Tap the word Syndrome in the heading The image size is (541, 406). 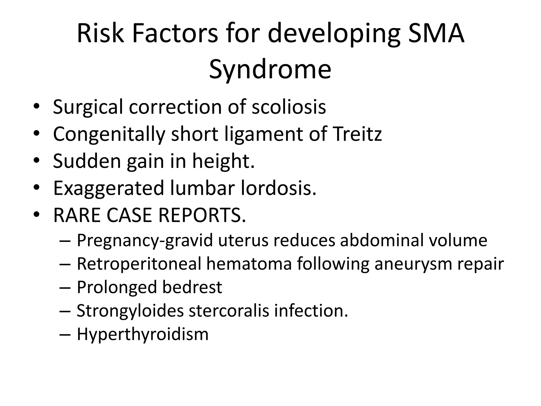click(x=270, y=69)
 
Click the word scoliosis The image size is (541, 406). click(x=289, y=107)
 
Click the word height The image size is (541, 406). click(x=223, y=161)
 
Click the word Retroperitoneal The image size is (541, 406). click(x=139, y=264)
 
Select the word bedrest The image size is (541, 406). click(x=192, y=287)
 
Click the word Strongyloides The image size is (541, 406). click(x=130, y=311)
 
